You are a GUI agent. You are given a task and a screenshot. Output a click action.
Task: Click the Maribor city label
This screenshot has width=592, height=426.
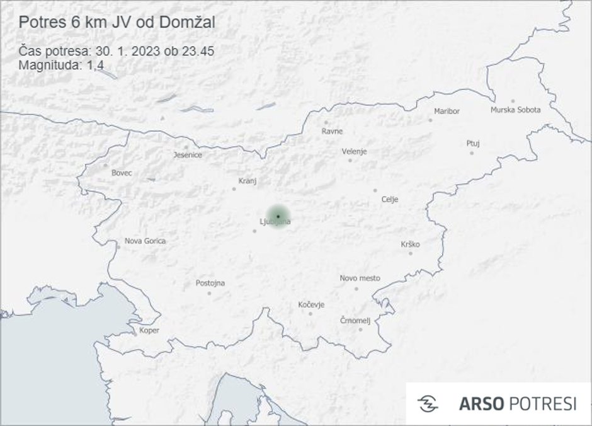(x=447, y=112)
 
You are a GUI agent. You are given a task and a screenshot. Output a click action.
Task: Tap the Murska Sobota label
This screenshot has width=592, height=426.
(x=515, y=110)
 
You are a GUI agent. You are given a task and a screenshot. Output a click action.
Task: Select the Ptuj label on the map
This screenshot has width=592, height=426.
(x=473, y=144)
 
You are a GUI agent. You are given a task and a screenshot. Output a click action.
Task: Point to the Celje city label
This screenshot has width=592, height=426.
(x=390, y=200)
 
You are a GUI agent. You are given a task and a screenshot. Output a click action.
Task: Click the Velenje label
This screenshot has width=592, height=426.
(x=354, y=152)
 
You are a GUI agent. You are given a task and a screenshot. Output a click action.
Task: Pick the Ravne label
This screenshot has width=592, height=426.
(x=332, y=132)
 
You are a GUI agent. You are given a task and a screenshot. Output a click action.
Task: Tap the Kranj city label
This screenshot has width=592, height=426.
(x=248, y=181)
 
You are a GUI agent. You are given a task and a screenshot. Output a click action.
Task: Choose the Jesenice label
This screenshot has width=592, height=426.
(x=188, y=155)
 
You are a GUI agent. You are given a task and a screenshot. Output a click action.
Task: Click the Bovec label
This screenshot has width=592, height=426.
(x=122, y=173)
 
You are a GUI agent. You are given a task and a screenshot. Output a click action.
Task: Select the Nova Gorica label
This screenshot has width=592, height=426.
(x=145, y=241)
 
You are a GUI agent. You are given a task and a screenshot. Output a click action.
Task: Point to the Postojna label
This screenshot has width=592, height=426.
(x=210, y=283)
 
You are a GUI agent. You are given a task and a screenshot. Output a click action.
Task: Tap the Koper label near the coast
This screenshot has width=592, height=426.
(x=149, y=330)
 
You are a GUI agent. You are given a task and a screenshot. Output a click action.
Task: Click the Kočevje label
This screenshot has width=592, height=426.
(x=311, y=305)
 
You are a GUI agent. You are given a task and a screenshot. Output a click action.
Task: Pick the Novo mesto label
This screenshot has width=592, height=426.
(x=360, y=278)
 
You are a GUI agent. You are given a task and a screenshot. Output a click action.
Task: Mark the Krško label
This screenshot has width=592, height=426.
(x=410, y=245)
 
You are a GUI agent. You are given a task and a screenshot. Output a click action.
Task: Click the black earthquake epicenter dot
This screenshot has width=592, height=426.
(x=278, y=216)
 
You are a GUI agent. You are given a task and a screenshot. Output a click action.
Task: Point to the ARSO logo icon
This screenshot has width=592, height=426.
(x=428, y=403)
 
